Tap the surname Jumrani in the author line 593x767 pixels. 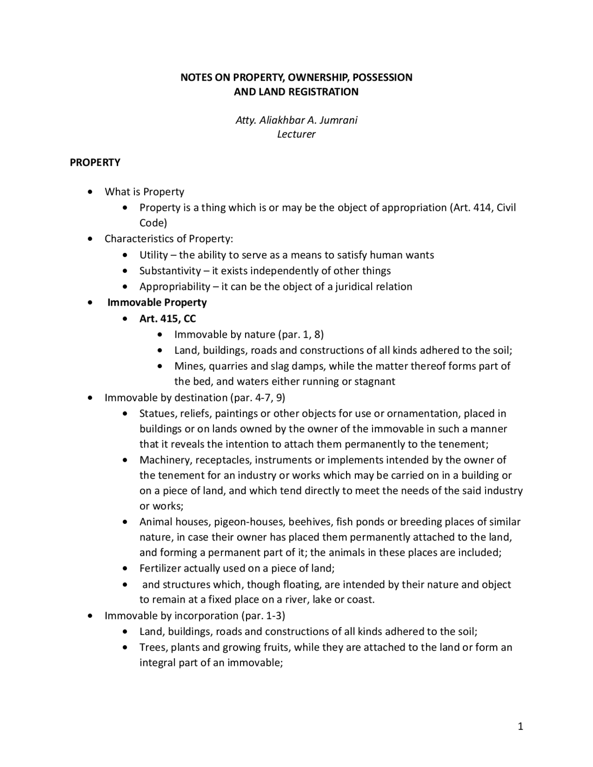(338, 120)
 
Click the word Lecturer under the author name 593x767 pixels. (296, 134)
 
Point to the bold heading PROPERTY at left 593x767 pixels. (95, 163)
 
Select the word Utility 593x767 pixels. (153, 255)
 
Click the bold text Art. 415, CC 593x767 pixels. (168, 319)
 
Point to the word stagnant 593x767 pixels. (375, 382)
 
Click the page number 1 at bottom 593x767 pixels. (520, 727)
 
